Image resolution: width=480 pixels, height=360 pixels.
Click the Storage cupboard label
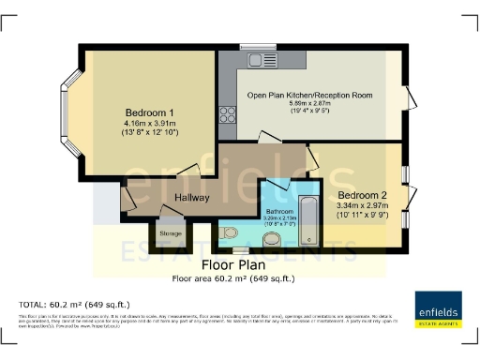171,232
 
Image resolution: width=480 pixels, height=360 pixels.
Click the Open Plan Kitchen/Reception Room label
309,95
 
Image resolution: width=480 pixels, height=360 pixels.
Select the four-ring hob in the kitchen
228,113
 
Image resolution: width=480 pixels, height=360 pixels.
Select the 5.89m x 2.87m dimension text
309,105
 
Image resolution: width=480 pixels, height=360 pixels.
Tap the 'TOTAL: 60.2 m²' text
74,305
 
